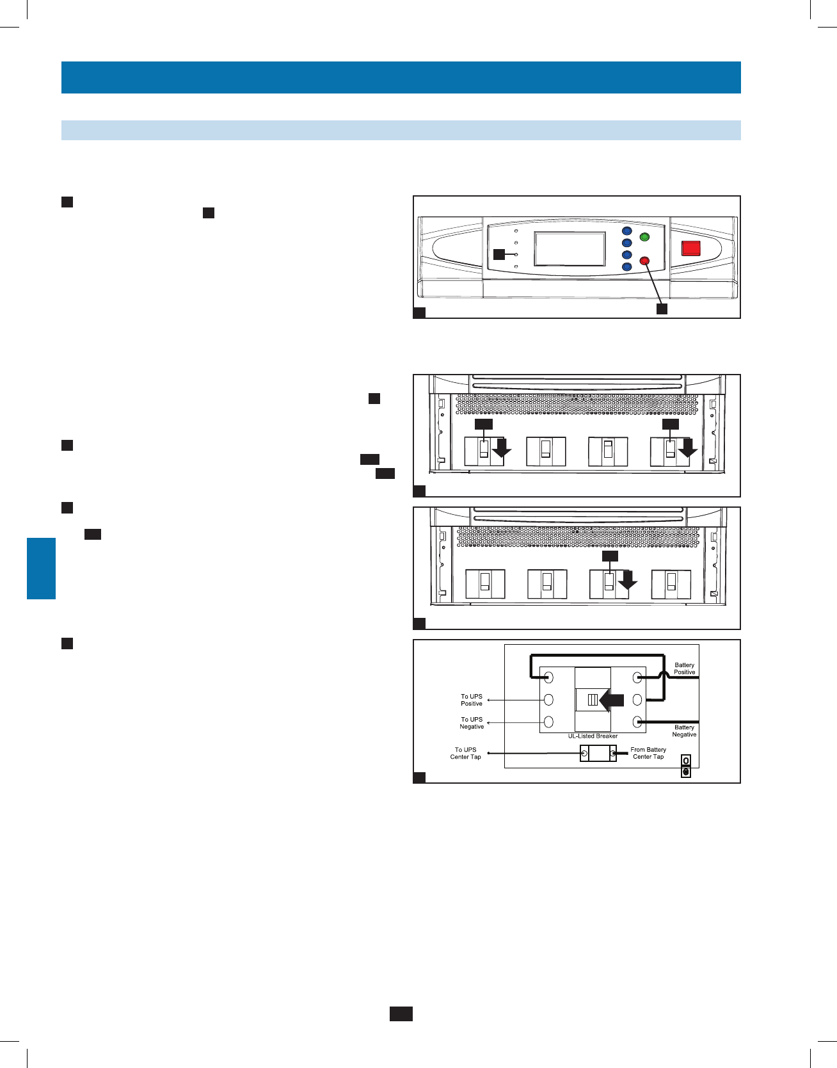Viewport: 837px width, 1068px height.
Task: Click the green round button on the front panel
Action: coord(644,238)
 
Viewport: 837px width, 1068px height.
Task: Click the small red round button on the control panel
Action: coord(644,261)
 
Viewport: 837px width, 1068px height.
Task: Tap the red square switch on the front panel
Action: coord(690,248)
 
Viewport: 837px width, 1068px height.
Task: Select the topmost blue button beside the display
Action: coord(627,231)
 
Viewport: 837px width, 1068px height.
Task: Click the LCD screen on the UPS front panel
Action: coord(570,248)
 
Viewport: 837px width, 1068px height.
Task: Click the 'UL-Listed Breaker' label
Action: coord(593,736)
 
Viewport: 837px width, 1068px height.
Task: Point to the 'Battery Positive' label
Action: coord(684,668)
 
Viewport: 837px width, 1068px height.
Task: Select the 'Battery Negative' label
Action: coord(684,731)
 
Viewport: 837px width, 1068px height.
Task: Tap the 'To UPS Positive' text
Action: coord(472,700)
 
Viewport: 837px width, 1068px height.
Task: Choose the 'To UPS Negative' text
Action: coord(472,723)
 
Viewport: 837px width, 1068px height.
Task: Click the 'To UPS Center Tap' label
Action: coord(465,753)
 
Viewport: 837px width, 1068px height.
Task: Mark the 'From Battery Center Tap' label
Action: coord(648,753)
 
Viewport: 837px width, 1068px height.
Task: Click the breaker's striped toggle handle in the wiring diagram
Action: coord(593,700)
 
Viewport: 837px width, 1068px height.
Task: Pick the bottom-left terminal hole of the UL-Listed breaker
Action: coord(548,722)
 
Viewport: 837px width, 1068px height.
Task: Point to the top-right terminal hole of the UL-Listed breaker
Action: coord(637,677)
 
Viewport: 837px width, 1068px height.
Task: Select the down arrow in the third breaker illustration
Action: coord(628,581)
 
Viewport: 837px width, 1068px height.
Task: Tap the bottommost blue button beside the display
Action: coord(627,266)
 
